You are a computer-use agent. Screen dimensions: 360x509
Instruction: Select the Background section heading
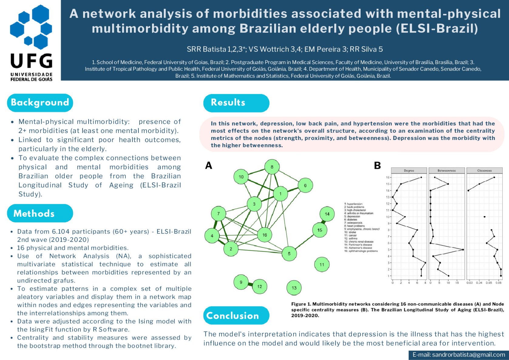point(40,103)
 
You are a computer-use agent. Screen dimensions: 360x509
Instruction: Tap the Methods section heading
point(34,213)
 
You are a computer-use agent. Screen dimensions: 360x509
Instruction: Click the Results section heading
point(228,103)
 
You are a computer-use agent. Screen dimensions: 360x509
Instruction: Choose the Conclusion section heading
point(232,315)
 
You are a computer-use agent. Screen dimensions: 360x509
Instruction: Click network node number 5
point(289,253)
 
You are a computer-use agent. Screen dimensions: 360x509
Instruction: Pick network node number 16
point(264,235)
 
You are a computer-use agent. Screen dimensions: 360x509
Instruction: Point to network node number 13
point(294,288)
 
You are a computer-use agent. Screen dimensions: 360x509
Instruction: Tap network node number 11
point(321,264)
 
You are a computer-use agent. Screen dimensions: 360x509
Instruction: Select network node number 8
point(272,167)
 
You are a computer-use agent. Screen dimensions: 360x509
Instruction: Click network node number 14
point(327,214)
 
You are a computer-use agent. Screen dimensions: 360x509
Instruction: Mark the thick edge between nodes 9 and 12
point(250,284)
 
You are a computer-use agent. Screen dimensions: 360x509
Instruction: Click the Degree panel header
point(409,171)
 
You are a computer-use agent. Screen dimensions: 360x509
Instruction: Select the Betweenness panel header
point(446,171)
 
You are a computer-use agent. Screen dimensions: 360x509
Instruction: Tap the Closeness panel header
point(484,171)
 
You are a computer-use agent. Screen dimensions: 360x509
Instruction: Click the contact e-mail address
point(459,355)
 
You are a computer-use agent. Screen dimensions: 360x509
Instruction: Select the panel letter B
point(377,165)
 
